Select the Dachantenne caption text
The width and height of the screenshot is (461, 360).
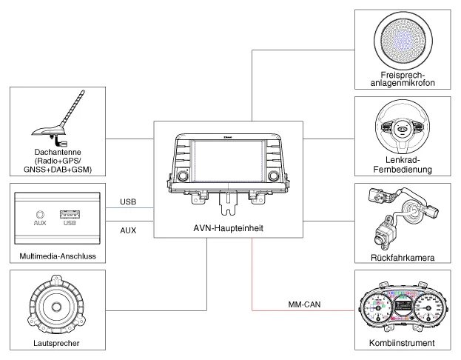57,160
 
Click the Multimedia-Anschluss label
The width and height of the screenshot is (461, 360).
57,256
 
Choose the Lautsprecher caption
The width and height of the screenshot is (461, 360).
57,343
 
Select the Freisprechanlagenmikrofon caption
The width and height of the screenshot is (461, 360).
404,79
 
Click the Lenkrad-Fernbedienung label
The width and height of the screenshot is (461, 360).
404,164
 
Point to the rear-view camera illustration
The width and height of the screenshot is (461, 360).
400,215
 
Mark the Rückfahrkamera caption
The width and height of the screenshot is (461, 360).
404,258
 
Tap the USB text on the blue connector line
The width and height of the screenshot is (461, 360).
127,201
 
